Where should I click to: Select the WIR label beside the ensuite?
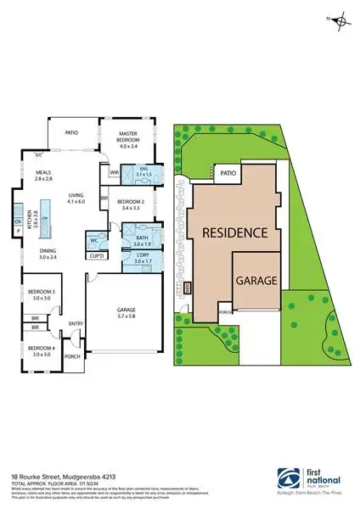click(114, 172)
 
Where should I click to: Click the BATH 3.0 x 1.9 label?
click(140, 239)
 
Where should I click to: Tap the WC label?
click(94, 240)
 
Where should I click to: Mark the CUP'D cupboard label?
click(97, 255)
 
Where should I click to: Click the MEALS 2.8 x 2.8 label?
click(43, 176)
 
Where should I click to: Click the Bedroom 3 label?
click(42, 295)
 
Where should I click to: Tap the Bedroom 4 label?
click(41, 350)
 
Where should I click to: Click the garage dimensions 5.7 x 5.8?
click(125, 316)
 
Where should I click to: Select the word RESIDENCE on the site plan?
click(234, 232)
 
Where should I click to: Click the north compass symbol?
click(340, 20)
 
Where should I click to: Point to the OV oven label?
click(17, 221)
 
